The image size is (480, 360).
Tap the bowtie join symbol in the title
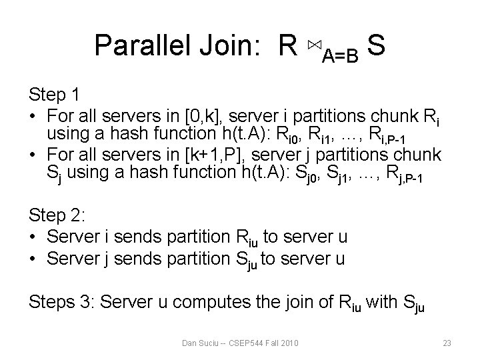314,45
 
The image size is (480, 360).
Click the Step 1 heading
55,93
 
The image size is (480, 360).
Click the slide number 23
447,343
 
